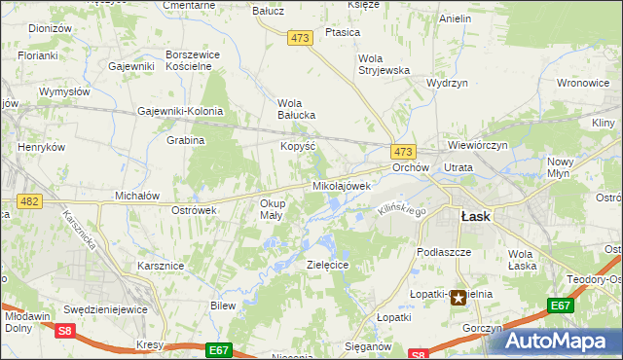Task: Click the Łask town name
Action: click(475, 217)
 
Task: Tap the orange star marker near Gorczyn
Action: click(458, 300)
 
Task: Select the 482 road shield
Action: click(29, 200)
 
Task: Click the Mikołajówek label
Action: click(342, 185)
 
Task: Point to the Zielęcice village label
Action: click(327, 265)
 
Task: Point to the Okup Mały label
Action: click(272, 209)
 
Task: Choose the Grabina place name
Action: click(185, 140)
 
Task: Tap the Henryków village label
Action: click(41, 147)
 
